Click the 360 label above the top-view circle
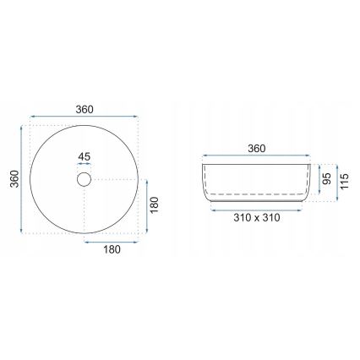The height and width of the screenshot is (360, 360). click(x=84, y=108)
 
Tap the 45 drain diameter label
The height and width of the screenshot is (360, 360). click(x=84, y=155)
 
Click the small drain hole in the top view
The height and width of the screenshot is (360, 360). click(x=84, y=179)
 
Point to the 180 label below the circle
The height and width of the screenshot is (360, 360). click(x=112, y=248)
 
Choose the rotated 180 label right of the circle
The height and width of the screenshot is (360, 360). click(x=155, y=206)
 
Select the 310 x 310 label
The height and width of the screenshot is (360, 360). click(x=257, y=217)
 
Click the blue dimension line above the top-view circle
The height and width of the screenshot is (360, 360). click(x=84, y=118)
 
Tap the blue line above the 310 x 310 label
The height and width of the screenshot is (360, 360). click(x=257, y=208)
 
